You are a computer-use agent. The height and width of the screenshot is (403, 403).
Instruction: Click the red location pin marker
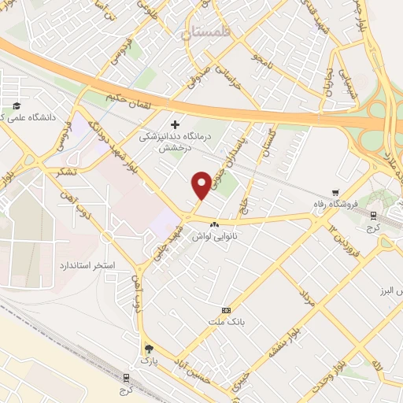click(x=201, y=184)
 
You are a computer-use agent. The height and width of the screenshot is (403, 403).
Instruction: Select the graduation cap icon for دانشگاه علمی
click(x=16, y=107)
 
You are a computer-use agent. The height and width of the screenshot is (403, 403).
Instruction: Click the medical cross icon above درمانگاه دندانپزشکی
click(x=175, y=124)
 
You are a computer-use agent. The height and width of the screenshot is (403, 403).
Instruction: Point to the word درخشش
click(x=176, y=148)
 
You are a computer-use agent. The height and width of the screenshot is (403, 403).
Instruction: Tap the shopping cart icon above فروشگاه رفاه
click(x=335, y=192)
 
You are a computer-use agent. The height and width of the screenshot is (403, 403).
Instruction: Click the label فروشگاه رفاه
click(x=335, y=205)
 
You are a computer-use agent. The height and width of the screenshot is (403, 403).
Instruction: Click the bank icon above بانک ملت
click(x=227, y=310)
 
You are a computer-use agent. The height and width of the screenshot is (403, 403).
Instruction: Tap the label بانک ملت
click(x=226, y=322)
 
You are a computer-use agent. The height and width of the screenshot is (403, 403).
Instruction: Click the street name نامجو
click(x=264, y=57)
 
